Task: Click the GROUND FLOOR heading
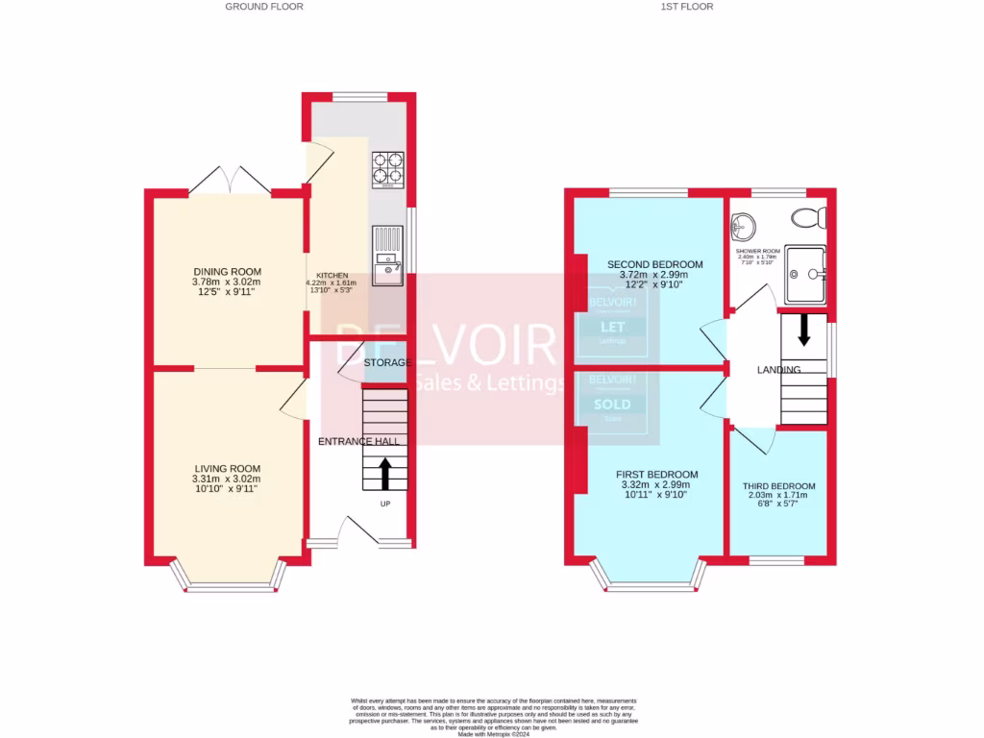(x=264, y=7)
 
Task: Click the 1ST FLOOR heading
(x=686, y=7)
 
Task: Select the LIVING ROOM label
(x=226, y=469)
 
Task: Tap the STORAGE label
(x=388, y=362)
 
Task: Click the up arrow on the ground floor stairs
(x=386, y=473)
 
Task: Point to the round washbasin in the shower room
(x=743, y=227)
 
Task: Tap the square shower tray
(x=805, y=273)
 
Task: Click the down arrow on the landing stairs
(x=804, y=332)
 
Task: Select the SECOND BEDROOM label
(x=654, y=264)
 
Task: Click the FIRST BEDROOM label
(x=657, y=475)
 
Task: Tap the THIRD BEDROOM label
(x=778, y=486)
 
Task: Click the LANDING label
(x=778, y=370)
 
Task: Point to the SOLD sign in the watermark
(x=612, y=404)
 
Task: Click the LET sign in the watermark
(x=612, y=327)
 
